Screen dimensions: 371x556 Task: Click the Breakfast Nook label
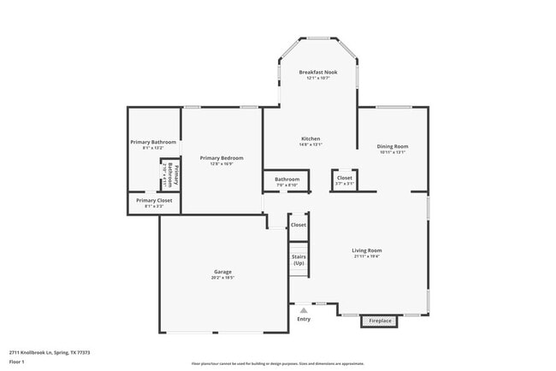pyautogui.click(x=317, y=73)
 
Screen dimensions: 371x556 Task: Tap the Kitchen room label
pyautogui.click(x=311, y=138)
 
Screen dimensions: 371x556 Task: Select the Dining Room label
pyautogui.click(x=393, y=146)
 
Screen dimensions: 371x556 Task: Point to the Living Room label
pyautogui.click(x=366, y=250)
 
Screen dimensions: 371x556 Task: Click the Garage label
pyautogui.click(x=222, y=272)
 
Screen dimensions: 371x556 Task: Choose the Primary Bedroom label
pyautogui.click(x=222, y=157)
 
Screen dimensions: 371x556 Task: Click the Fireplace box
pyautogui.click(x=380, y=321)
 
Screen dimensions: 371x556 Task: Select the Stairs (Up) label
pyautogui.click(x=299, y=260)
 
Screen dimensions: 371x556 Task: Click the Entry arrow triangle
pyautogui.click(x=304, y=310)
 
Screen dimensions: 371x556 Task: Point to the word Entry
pyautogui.click(x=304, y=320)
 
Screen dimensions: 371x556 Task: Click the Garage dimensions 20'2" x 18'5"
pyautogui.click(x=222, y=278)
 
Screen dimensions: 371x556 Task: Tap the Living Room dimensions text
pyautogui.click(x=366, y=256)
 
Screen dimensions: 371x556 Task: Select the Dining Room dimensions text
pyautogui.click(x=393, y=152)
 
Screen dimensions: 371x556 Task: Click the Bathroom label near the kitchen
pyautogui.click(x=287, y=179)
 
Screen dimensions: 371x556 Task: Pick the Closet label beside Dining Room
pyautogui.click(x=344, y=178)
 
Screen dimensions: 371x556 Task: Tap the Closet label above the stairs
pyautogui.click(x=299, y=225)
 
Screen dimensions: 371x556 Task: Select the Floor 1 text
pyautogui.click(x=18, y=362)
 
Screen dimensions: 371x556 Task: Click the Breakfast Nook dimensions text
pyautogui.click(x=317, y=79)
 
